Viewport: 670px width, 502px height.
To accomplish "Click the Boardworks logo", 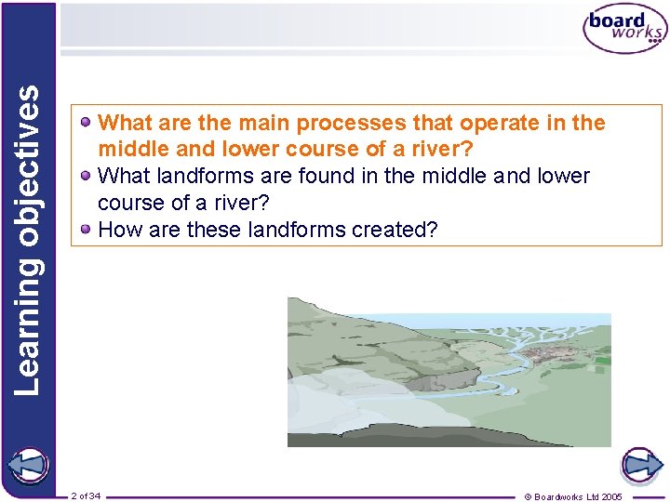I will click(x=624, y=31).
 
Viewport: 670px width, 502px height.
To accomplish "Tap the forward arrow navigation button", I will click(x=641, y=465).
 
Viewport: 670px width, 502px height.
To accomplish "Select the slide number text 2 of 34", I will click(x=86, y=495).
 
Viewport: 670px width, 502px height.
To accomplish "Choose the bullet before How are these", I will click(x=86, y=229).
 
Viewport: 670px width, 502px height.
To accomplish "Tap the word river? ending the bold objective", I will click(x=447, y=149).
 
